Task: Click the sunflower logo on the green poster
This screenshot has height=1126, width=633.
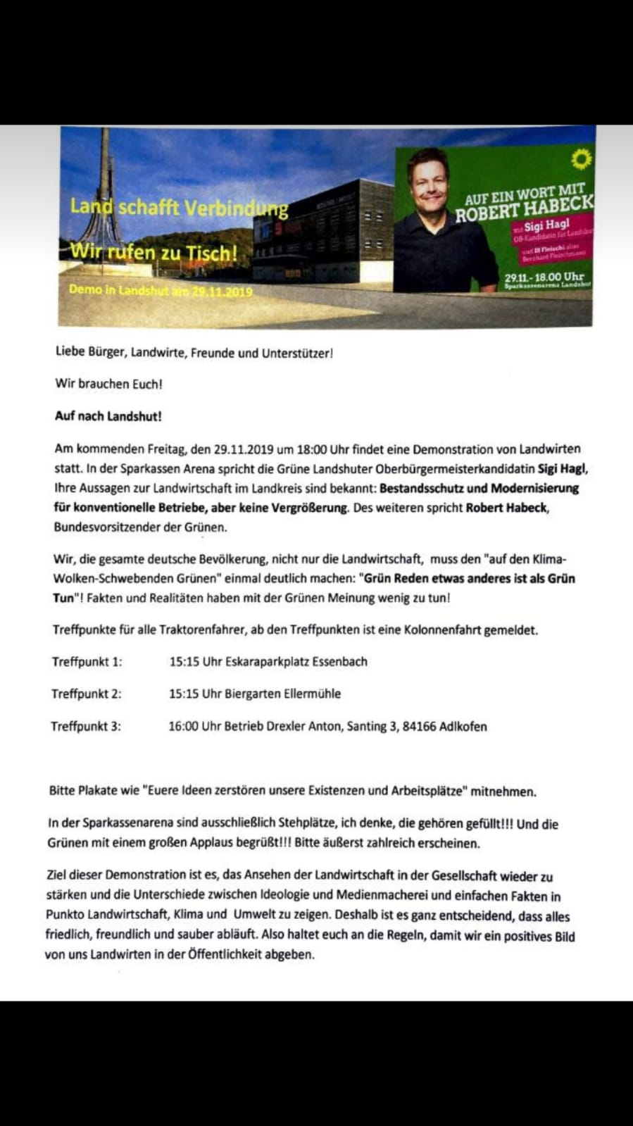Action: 582,160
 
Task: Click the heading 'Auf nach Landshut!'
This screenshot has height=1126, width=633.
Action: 108,416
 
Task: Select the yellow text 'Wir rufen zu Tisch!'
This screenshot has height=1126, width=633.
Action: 153,251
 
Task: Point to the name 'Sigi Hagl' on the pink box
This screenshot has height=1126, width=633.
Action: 546,225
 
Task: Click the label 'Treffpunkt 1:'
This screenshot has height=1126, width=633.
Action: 87,662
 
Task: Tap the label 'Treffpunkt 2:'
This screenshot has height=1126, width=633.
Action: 86,694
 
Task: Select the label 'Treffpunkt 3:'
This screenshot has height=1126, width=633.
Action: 86,726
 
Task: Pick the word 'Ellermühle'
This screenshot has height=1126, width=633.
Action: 312,694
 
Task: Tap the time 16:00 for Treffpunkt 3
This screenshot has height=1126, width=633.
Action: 183,726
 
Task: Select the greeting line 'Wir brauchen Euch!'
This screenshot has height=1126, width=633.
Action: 108,384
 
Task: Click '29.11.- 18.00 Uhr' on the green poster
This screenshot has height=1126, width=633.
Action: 544,277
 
